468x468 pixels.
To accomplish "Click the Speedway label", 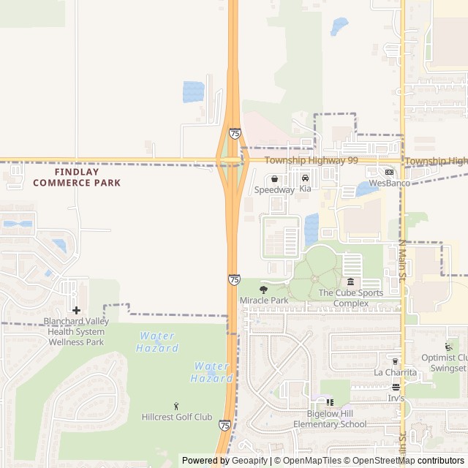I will tap(274, 189).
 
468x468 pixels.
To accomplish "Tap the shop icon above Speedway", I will tap(275, 178).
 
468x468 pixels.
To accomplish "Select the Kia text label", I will tap(305, 189).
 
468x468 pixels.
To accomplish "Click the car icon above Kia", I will tap(305, 178).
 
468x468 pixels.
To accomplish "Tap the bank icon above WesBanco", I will tap(389, 173).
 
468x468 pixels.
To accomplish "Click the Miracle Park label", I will tap(263, 301).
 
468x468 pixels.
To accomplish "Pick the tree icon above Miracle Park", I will tap(264, 290).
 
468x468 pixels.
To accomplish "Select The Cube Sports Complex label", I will tap(350, 298).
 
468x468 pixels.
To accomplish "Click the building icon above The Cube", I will tap(350, 282).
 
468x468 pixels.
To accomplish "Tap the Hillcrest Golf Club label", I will tap(176, 417).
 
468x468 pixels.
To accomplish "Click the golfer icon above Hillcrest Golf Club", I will tap(176, 406).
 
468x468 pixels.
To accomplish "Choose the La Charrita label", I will tap(395, 372).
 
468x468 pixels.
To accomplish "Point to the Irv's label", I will tap(396, 398).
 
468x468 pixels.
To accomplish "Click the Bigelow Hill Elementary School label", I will tap(330, 419).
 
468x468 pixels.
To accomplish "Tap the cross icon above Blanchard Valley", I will tap(76, 310).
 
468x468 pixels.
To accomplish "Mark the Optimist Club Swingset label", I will tap(444, 363).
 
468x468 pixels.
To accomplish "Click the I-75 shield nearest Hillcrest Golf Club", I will tap(224, 425).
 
